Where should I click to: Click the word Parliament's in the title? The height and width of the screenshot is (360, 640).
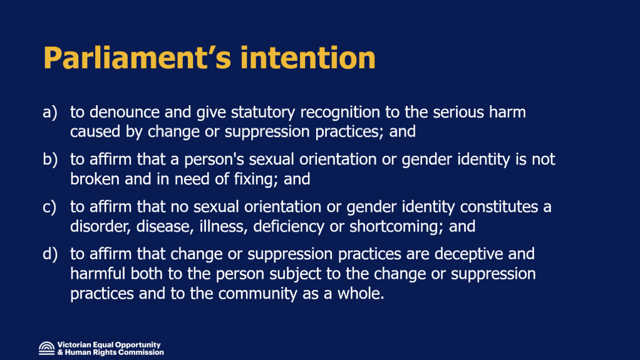coord(137,58)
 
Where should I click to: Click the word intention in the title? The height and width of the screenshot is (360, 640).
coord(307,58)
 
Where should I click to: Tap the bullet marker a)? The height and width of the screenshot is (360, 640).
coord(50,112)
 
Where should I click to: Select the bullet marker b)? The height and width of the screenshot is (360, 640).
coord(50,159)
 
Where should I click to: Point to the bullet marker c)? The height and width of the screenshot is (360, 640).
coord(49,207)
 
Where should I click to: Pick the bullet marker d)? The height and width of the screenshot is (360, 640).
coord(50,254)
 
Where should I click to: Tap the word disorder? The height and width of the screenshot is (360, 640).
coord(100,227)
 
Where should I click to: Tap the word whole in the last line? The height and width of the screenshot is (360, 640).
coord(361,294)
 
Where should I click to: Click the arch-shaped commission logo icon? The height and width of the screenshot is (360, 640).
coord(46,348)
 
